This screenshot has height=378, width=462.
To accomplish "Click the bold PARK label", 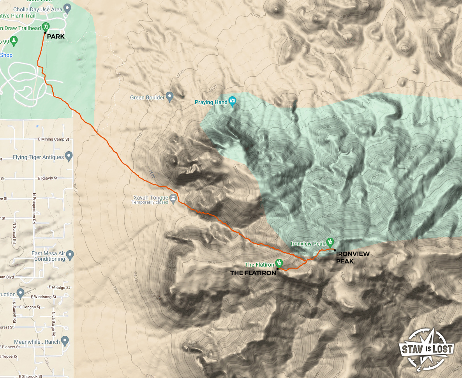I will click(x=56, y=37).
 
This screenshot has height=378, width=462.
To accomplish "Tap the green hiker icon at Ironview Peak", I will click(x=330, y=242).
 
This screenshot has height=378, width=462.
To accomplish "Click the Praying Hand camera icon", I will click(x=233, y=101).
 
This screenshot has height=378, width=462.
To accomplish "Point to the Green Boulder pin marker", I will click(x=169, y=96).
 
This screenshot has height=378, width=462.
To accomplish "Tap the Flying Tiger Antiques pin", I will click(x=69, y=156).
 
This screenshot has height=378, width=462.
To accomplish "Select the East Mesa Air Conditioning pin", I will click(x=70, y=255).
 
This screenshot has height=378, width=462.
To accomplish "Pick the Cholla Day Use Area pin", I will click(x=67, y=8).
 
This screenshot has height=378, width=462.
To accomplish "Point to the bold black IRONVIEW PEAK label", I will click(x=353, y=258).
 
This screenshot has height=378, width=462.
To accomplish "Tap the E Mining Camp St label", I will click(x=54, y=139).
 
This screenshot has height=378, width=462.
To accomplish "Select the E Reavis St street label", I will click(x=48, y=178).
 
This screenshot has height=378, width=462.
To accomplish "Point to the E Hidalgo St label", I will click(x=59, y=287).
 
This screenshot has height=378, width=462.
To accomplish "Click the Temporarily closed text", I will click(x=150, y=203).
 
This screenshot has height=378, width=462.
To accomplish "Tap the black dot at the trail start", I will click(x=45, y=33).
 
